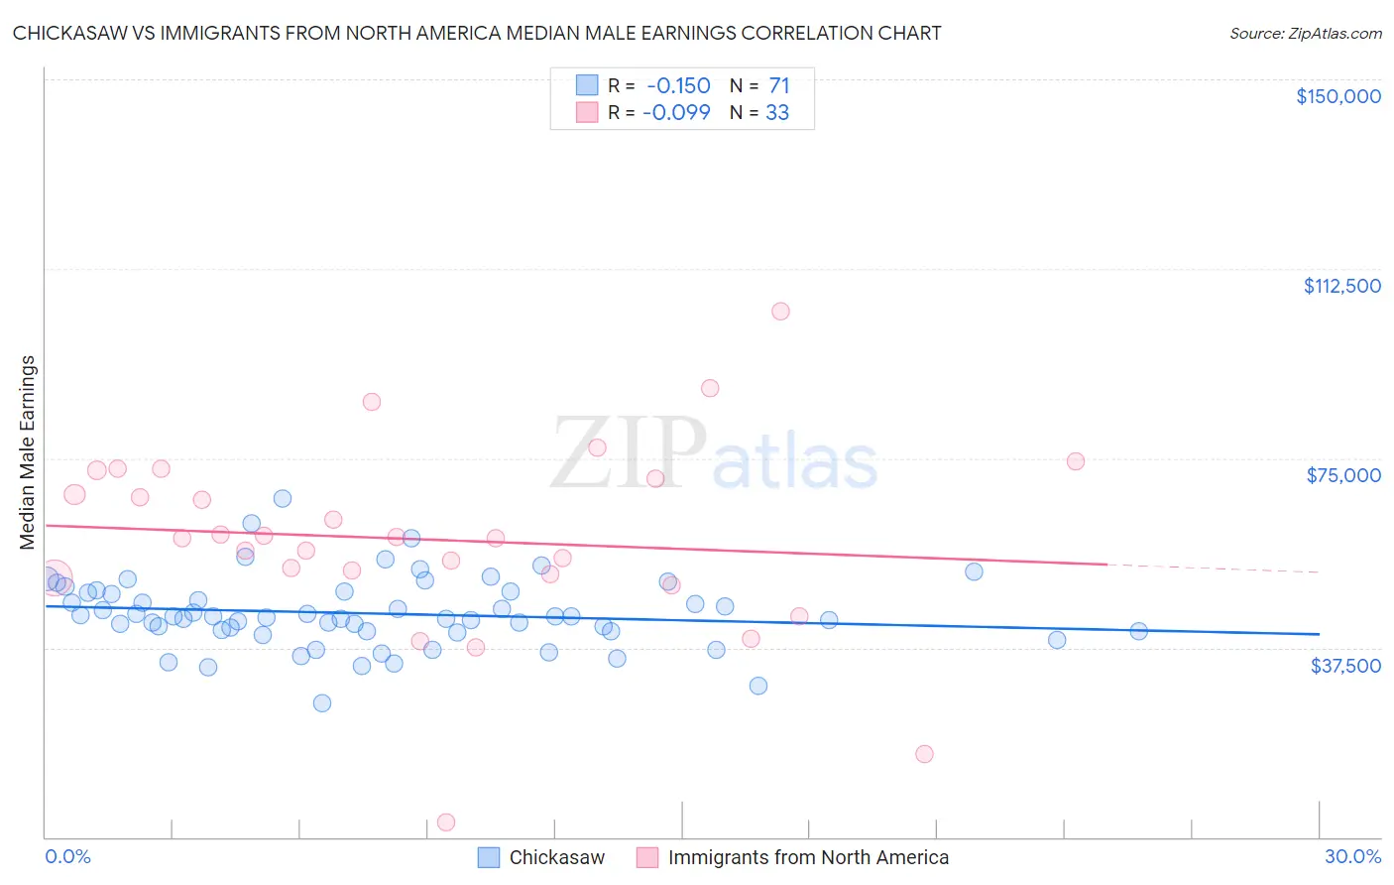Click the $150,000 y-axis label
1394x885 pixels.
pos(1337,96)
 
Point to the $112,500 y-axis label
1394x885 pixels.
pos(1341,286)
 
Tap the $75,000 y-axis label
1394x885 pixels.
pos(1343,475)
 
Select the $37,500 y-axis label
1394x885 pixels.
pos(1345,666)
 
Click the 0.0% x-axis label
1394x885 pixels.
pos(67,856)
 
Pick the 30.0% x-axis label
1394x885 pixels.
pos(1352,856)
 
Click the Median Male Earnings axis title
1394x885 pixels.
pos(28,452)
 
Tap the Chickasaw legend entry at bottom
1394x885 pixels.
pos(556,857)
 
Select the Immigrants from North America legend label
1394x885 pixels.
pos(808,857)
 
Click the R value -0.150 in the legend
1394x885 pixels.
pos(678,86)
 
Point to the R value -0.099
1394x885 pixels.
pos(676,113)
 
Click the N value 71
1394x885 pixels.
pos(779,86)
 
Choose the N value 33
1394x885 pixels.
pos(777,113)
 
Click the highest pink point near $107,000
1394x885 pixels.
pos(780,312)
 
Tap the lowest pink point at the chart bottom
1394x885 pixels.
pos(446,822)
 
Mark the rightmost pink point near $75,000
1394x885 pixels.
pos(1076,461)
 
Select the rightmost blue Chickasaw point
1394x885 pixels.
pos(1138,631)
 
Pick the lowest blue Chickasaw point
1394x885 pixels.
pos(322,703)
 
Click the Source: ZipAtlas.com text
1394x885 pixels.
pos(1305,34)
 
